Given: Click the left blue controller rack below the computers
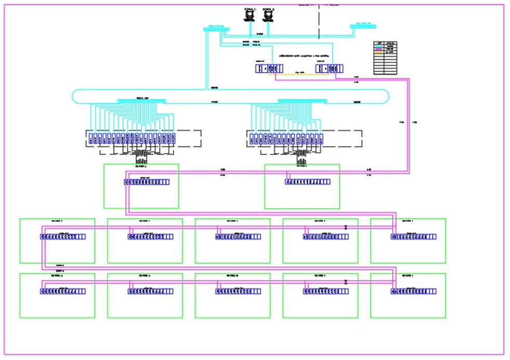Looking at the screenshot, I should (269, 68).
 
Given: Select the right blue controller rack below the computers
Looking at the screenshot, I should (330, 68).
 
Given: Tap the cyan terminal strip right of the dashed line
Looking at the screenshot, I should (363, 26).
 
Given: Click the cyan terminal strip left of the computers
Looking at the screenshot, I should (216, 29).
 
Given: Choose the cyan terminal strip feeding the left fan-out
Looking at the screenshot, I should (141, 101).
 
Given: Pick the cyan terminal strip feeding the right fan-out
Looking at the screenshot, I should (302, 101).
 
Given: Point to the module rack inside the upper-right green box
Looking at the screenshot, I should (307, 182).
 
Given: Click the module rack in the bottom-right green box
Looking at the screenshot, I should (413, 291).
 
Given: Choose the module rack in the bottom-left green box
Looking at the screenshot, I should (62, 291).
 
